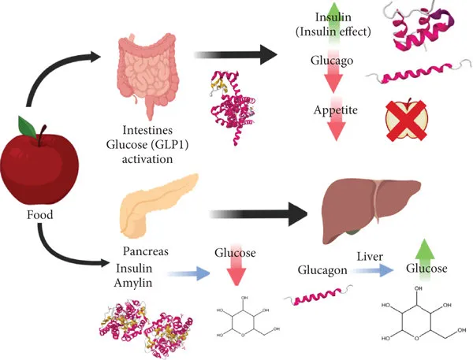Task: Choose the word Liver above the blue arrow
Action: [370, 256]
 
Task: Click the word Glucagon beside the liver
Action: [322, 270]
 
